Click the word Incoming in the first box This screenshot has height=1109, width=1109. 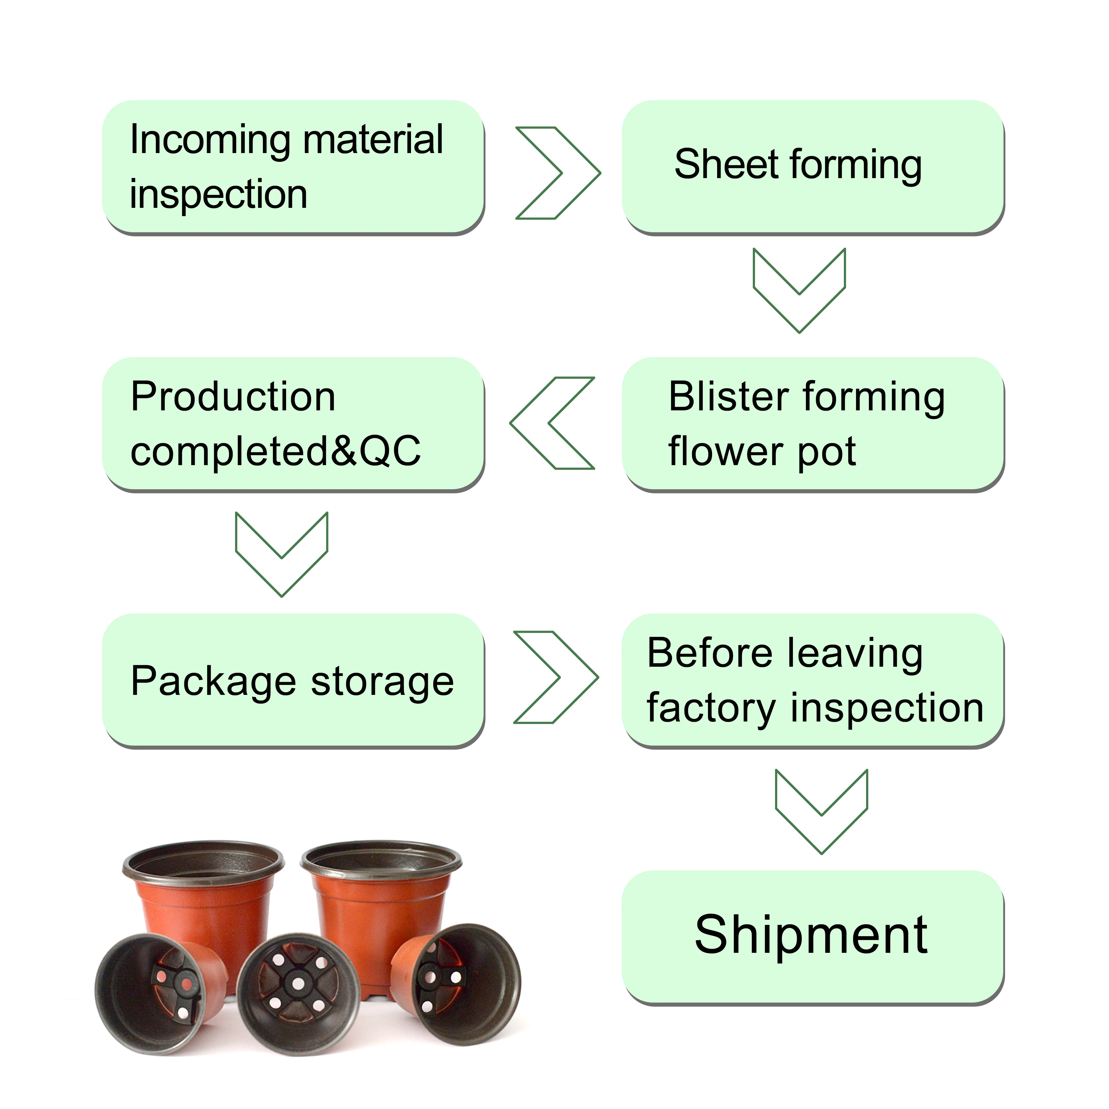209,140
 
